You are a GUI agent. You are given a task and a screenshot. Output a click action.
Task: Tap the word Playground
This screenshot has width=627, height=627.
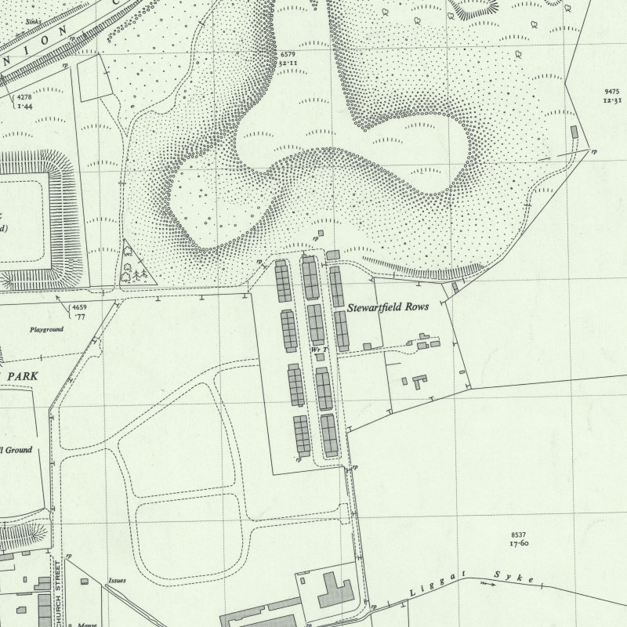click(x=47, y=330)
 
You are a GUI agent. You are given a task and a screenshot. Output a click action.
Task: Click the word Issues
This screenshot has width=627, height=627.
click(x=116, y=581)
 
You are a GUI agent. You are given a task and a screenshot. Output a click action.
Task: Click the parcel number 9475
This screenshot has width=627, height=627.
click(x=612, y=92)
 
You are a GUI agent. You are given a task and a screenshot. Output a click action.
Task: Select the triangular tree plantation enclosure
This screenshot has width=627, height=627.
click(x=134, y=265)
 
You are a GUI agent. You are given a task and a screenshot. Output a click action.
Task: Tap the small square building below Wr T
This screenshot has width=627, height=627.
click(x=320, y=357)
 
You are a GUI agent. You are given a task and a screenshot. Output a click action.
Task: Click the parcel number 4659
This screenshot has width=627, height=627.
click(x=80, y=306)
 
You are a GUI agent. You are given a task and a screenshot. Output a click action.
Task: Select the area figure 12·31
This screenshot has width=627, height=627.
click(x=612, y=101)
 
